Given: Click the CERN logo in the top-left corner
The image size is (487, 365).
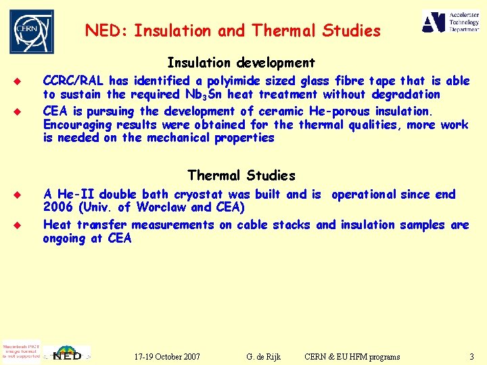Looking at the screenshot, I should [x=31, y=31].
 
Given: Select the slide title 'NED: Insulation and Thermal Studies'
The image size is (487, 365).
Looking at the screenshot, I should [x=233, y=30].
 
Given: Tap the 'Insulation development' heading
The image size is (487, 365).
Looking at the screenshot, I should [x=241, y=63].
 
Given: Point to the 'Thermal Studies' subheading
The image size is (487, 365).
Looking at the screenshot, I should [x=241, y=176].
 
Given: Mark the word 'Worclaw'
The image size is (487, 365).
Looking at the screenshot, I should [x=162, y=208].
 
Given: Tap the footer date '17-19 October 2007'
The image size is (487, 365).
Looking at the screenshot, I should [x=167, y=356].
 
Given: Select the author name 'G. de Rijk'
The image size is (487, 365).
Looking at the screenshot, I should [x=264, y=356].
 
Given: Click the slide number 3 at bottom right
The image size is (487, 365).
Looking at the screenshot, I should [x=471, y=356].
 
